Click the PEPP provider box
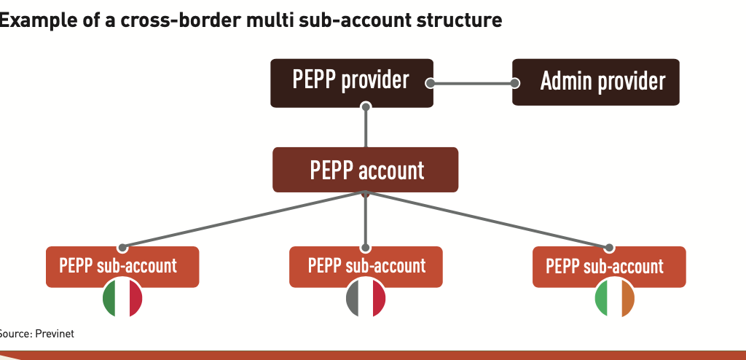click(x=351, y=81)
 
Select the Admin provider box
click(x=596, y=82)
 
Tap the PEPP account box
click(x=366, y=170)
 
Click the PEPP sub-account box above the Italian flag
click(x=122, y=266)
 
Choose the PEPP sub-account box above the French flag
click(x=366, y=266)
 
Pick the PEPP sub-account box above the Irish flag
click(x=609, y=266)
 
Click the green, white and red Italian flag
click(x=122, y=298)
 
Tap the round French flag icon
click(x=366, y=298)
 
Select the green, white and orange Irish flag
click(x=615, y=298)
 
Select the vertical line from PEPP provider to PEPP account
click(x=366, y=128)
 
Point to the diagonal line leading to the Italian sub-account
click(x=240, y=220)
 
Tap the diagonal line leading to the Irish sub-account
click(x=488, y=220)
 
